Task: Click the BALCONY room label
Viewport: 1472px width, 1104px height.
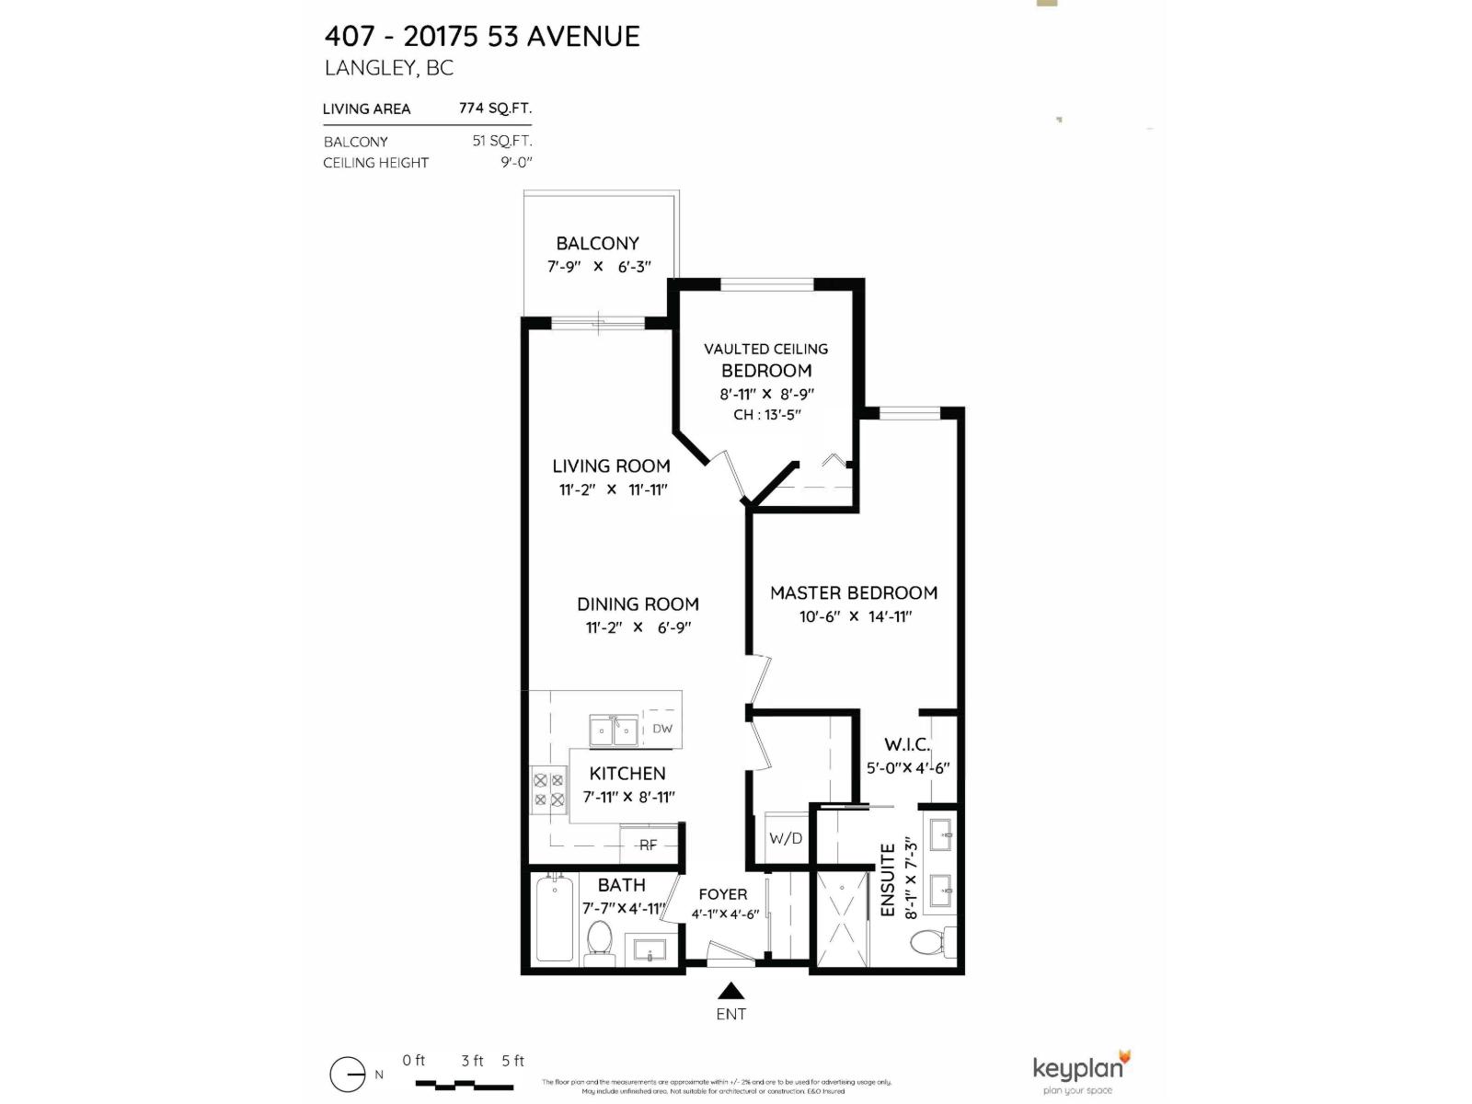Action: click(x=597, y=244)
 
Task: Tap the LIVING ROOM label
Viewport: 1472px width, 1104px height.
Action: click(x=611, y=466)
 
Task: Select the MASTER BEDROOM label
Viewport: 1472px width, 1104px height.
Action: click(x=854, y=593)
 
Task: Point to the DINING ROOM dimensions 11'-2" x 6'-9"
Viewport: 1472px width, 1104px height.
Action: click(x=638, y=627)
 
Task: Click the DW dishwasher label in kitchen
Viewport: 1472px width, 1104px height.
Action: click(x=662, y=729)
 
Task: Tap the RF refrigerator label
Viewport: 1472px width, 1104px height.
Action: click(x=648, y=845)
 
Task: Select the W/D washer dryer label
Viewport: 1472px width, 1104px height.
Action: click(x=786, y=838)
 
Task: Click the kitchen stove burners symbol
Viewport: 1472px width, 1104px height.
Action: click(x=548, y=790)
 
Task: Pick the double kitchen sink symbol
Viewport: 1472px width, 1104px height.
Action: click(x=614, y=732)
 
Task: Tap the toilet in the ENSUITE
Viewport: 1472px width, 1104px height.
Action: click(x=929, y=942)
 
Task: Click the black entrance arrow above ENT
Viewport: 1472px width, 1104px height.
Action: click(x=731, y=991)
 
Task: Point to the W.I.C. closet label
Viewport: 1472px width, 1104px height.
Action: click(x=907, y=744)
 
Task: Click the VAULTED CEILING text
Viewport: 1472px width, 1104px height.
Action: click(x=765, y=350)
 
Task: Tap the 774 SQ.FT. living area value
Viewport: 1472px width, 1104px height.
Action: click(x=495, y=108)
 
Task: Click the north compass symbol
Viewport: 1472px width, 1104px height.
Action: click(x=348, y=1075)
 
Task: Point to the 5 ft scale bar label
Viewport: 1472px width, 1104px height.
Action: click(x=512, y=1061)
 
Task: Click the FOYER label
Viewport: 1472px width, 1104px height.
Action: click(x=722, y=894)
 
